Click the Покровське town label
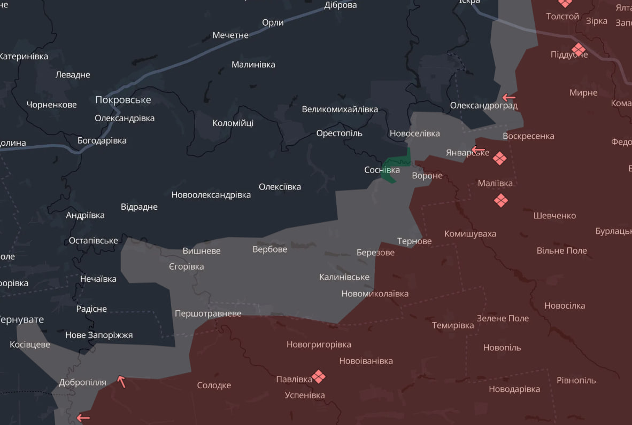click(123, 100)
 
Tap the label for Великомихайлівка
click(340, 109)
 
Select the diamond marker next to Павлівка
click(319, 377)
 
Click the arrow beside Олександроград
click(508, 98)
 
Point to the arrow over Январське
click(478, 149)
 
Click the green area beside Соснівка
click(396, 163)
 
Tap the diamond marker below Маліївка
click(500, 201)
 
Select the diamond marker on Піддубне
click(579, 50)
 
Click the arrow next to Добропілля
click(122, 381)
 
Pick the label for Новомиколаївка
click(375, 294)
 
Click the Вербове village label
click(269, 249)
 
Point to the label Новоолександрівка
click(211, 195)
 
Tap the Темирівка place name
click(452, 325)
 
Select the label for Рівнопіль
click(576, 380)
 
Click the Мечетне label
click(230, 35)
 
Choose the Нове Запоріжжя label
click(99, 335)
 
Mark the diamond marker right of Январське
click(499, 158)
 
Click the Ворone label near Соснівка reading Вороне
click(427, 176)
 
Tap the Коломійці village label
click(233, 123)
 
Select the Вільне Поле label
click(561, 250)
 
